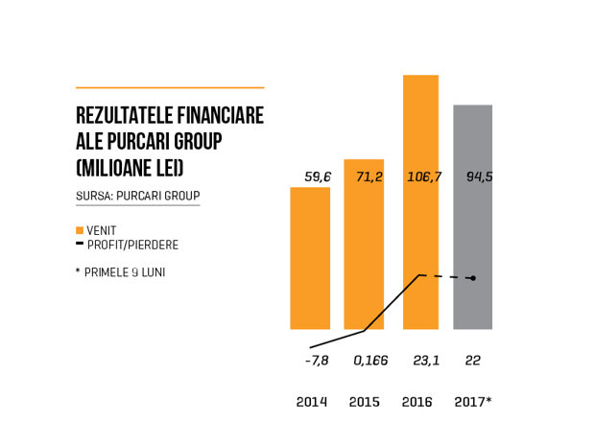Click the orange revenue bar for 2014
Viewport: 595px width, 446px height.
click(310, 258)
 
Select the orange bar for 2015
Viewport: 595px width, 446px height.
click(364, 245)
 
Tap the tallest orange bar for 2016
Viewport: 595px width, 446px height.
click(421, 202)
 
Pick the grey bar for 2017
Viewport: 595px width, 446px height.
click(473, 217)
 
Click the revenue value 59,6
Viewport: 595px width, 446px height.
click(318, 176)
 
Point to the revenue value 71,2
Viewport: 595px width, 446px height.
click(369, 176)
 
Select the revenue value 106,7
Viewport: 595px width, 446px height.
click(424, 176)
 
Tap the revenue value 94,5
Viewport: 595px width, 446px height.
click(480, 176)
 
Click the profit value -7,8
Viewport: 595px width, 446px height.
click(317, 361)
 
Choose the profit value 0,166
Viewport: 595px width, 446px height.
click(370, 361)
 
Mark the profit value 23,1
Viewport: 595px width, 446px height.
click(426, 361)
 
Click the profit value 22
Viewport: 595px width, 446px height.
click(473, 361)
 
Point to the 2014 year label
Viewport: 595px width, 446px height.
click(312, 402)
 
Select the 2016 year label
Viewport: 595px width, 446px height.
click(417, 402)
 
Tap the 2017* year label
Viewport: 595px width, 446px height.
click(473, 402)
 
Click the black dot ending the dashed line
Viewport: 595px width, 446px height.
click(473, 278)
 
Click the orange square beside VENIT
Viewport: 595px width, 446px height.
click(80, 230)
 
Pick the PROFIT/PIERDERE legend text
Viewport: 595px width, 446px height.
click(132, 245)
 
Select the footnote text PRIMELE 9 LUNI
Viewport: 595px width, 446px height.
click(125, 272)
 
